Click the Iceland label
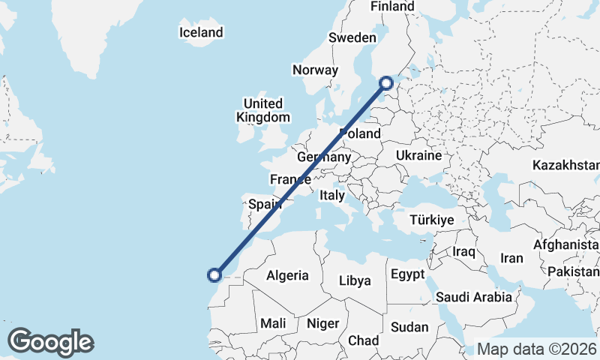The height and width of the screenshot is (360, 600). coord(201,32)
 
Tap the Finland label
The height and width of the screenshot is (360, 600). coord(392,6)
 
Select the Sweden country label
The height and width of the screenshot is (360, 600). coord(352,37)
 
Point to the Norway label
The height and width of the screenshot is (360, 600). coord(315,70)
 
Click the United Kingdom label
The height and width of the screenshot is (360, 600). coord(262,110)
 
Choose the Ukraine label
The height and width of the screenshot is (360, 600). coord(418,156)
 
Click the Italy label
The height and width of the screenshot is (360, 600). coord(332,195)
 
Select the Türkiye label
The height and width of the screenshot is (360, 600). coord(432,220)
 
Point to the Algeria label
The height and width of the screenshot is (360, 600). coord(287,275)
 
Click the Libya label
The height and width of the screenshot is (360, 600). coord(355,280)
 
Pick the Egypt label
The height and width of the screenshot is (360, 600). coord(408,274)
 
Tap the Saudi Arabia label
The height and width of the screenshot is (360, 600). coord(474,297)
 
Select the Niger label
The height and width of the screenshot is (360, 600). coord(323,323)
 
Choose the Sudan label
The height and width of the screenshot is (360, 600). coord(409,327)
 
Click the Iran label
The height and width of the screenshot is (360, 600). coord(511,258)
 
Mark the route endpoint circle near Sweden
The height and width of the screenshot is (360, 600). coord(386,83)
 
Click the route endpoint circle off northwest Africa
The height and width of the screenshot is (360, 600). coord(214,275)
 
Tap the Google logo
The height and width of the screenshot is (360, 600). coord(50,342)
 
